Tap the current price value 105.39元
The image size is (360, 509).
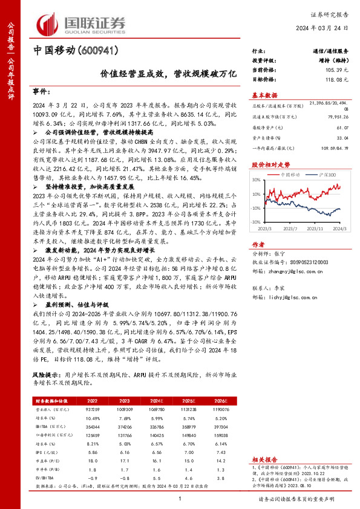(x=336, y=70)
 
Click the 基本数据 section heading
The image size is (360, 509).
(x=264, y=96)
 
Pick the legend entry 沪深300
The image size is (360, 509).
(x=326, y=174)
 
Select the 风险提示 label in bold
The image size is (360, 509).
(x=47, y=375)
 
